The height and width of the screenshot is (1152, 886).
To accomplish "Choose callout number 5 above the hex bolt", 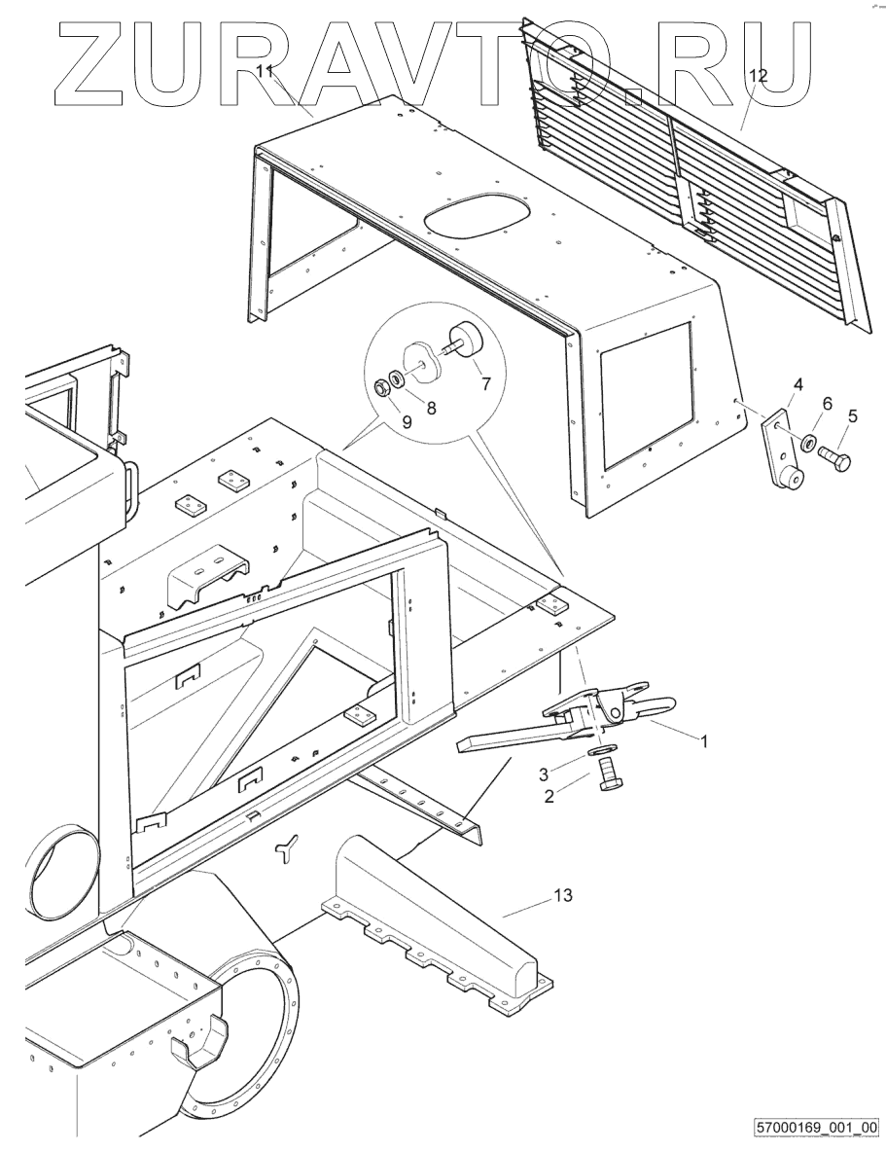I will point(852,415).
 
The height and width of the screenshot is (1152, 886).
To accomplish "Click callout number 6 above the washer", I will point(827,403).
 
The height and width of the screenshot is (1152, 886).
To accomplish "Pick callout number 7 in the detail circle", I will point(485,383).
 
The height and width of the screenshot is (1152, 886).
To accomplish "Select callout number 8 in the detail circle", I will point(431,408).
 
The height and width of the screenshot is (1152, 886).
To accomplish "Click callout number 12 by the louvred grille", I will point(758,75).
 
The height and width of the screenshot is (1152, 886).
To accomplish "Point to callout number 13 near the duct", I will point(564,896).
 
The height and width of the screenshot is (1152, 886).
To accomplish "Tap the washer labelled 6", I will point(809,445).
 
